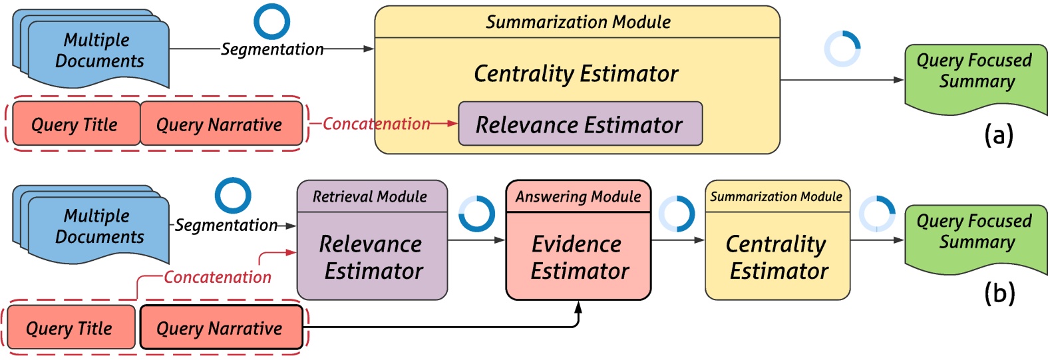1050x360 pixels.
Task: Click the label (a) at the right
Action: tap(998, 135)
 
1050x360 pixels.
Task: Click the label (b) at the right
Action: tap(999, 293)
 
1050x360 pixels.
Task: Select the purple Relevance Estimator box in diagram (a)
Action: tap(580, 124)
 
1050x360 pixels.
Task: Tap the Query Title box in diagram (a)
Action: tap(75, 124)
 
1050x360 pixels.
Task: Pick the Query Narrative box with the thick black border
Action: tap(220, 328)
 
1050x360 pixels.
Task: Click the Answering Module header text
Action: tap(578, 197)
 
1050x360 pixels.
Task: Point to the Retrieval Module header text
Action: tap(370, 197)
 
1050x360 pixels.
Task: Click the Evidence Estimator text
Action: tap(578, 258)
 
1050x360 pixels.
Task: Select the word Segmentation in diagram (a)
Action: tap(272, 49)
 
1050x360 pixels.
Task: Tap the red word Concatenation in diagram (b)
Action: tap(218, 277)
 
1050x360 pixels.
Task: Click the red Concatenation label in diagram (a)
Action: tap(377, 124)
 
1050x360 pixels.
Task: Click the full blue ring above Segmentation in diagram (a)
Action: tap(271, 21)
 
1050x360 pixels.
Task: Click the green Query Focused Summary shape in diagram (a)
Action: tap(975, 77)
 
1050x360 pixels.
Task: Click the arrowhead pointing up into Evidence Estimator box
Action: tap(578, 307)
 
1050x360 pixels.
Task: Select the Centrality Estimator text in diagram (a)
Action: tap(576, 74)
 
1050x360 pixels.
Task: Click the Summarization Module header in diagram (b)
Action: tap(777, 197)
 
